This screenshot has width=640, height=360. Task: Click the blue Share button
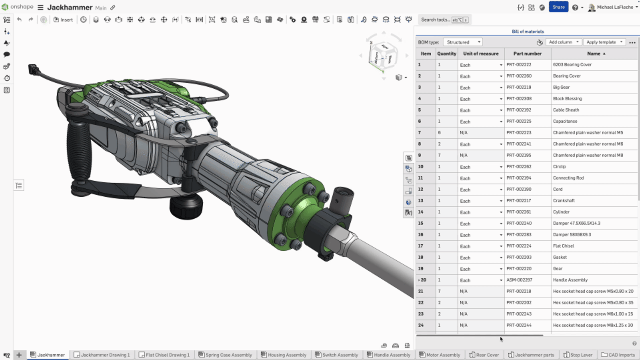pos(558,7)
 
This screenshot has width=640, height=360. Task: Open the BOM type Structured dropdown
pos(463,42)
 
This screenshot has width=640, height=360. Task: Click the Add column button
pos(563,42)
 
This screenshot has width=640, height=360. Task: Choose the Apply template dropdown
pos(604,42)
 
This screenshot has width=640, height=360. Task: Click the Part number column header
pos(527,54)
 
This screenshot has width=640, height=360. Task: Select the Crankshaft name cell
pos(564,201)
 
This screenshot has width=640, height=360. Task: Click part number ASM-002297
pos(519,280)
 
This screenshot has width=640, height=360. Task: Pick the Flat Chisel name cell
pos(563,246)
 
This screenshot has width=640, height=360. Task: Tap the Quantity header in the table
pos(446,54)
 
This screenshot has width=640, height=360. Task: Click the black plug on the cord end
pos(33,70)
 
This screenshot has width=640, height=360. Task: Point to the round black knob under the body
pos(186,206)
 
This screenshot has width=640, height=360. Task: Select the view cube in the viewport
pos(383,56)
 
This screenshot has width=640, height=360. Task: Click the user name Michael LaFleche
pos(615,7)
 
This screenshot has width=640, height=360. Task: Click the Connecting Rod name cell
pos(568,178)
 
